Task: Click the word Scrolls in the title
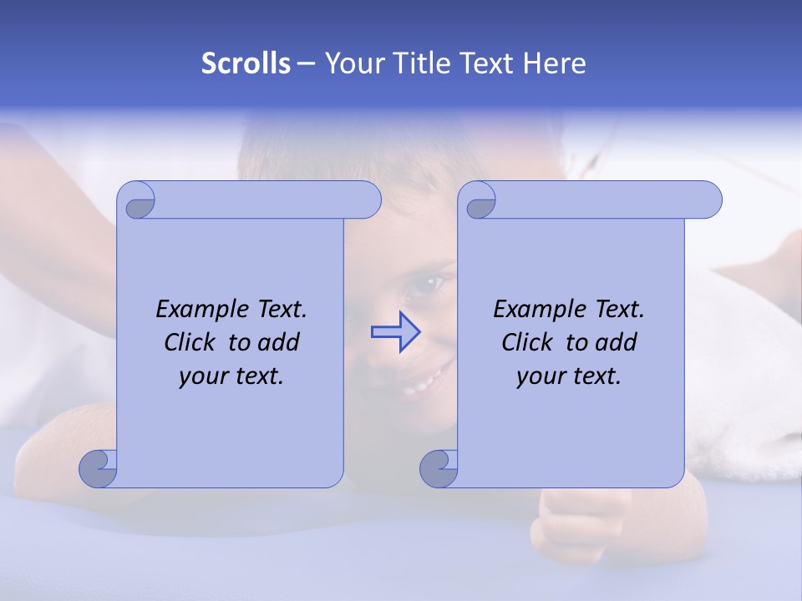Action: tap(246, 63)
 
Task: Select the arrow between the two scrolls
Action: tap(395, 332)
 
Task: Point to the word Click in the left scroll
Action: tap(189, 343)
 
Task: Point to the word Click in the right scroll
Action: tap(526, 343)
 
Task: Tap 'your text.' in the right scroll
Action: tap(569, 376)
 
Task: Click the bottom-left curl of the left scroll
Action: tap(99, 467)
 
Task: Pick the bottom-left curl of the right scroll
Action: tap(439, 467)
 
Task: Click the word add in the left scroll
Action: tap(279, 343)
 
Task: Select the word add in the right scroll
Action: tap(617, 343)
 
